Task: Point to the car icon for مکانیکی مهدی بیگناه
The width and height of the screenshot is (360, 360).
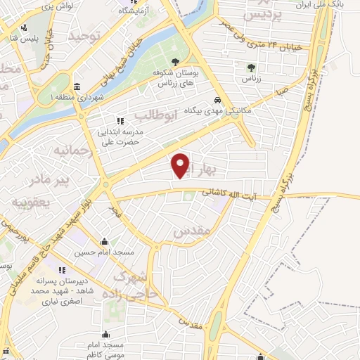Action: [219, 100]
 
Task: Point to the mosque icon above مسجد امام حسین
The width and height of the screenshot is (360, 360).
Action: [104, 240]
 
